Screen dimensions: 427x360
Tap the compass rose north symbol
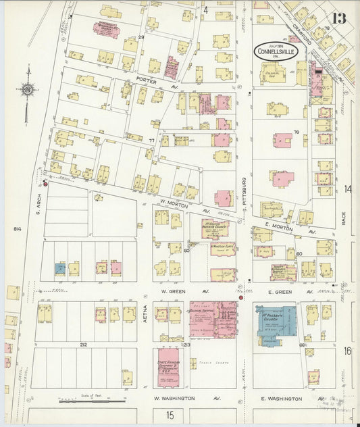[28, 89]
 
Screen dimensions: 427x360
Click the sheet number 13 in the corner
[338, 18]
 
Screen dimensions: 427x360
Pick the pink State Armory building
[171, 367]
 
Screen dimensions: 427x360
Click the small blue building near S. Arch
[60, 268]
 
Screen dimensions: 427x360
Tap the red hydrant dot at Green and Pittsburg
[240, 297]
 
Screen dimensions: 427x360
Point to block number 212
[83, 345]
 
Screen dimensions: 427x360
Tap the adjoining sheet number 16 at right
[347, 351]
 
